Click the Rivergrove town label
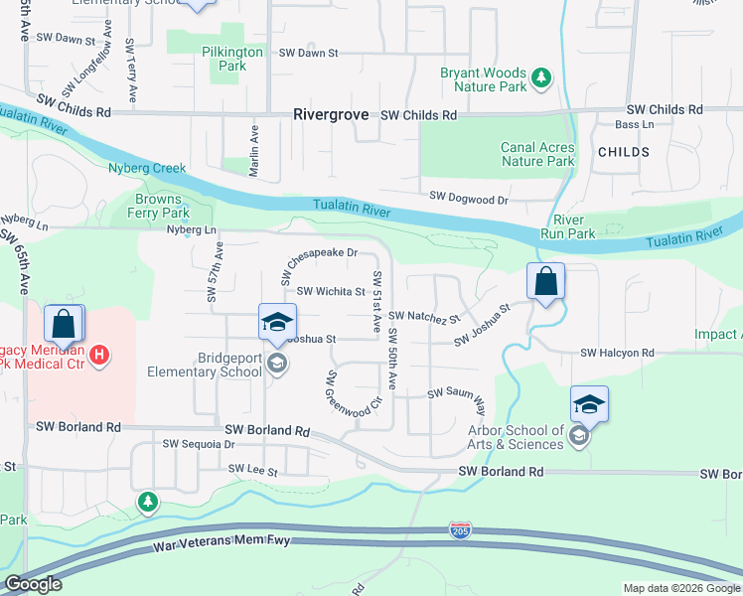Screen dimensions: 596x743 pyautogui.click(x=333, y=115)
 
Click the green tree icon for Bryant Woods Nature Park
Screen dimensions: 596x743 pyautogui.click(x=540, y=76)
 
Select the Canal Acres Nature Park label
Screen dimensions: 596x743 pyautogui.click(x=537, y=154)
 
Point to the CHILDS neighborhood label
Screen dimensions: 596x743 pyautogui.click(x=624, y=153)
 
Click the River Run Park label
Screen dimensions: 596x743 pyautogui.click(x=567, y=226)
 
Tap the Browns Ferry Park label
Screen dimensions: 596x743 pyautogui.click(x=162, y=206)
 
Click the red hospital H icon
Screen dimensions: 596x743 pyautogui.click(x=98, y=355)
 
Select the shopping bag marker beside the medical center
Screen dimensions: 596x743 pyautogui.click(x=64, y=324)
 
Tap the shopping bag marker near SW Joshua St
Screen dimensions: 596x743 pyautogui.click(x=545, y=282)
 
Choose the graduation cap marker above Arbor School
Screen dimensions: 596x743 pyautogui.click(x=589, y=404)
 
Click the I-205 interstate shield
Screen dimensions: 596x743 pyautogui.click(x=460, y=529)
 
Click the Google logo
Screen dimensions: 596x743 pyautogui.click(x=34, y=585)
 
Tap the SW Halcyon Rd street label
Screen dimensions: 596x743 pyautogui.click(x=618, y=353)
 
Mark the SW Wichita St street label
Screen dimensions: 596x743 pyautogui.click(x=331, y=292)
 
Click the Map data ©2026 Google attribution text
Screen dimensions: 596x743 pyautogui.click(x=681, y=588)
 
